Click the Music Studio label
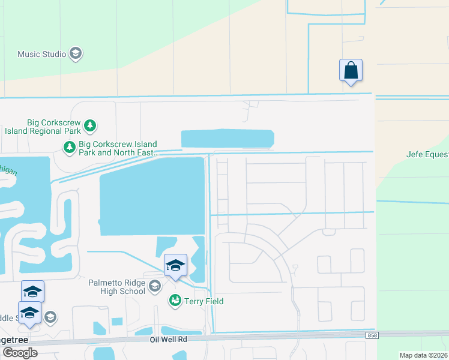42,54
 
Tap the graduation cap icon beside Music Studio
76,54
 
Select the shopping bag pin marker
351,71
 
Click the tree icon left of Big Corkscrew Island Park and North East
70,146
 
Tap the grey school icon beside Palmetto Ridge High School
155,286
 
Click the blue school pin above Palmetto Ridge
175,265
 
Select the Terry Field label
203,301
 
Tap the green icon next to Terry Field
175,301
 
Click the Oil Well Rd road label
169,339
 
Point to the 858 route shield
373,335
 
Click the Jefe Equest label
427,154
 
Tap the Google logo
20,353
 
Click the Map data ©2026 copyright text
424,355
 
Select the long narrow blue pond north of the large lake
228,139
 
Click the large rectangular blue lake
152,196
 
